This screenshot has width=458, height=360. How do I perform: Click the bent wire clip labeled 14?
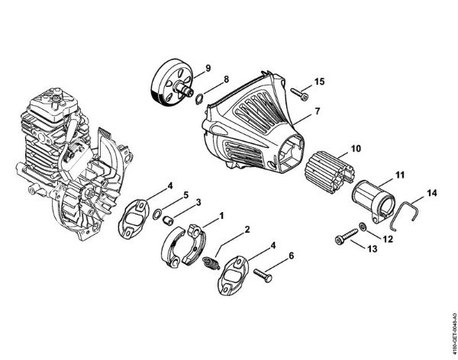pos(402,210)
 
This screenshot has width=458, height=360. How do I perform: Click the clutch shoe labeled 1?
pos(182,242)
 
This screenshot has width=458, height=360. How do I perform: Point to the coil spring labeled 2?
pos(214,262)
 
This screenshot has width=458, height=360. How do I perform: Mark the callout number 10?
pos(356,149)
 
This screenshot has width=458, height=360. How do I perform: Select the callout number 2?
pos(247,230)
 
